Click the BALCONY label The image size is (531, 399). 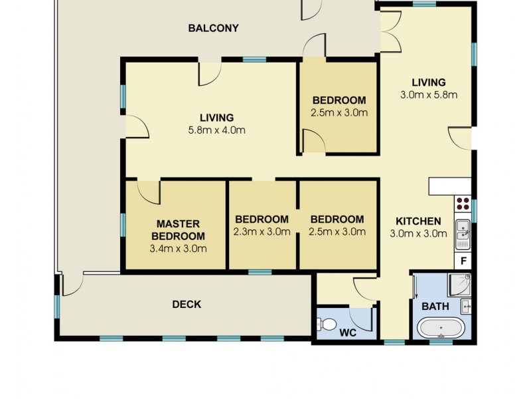pos(213,28)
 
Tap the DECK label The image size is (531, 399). pos(187,305)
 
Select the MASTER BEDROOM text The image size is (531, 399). pos(177,229)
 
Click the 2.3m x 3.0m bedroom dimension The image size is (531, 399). pos(262,232)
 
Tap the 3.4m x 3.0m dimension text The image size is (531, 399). pos(177,249)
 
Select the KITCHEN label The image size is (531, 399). pos(418,221)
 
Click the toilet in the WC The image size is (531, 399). pos(327,325)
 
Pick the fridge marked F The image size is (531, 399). pos(463,261)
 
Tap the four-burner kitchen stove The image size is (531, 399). pos(463,203)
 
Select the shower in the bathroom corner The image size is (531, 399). pos(460,283)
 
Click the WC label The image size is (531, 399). pos(348,332)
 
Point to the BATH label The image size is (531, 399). pos(435,307)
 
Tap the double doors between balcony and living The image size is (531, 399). pos(390,31)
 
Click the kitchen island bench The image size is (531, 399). pos(449,186)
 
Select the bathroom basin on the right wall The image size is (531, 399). pos(465,306)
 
